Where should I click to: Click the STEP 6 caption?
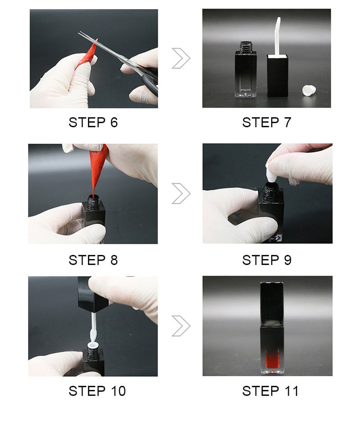[93, 122]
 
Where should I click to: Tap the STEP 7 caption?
[267, 122]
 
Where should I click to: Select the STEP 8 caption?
[93, 260]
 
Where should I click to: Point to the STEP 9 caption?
[267, 260]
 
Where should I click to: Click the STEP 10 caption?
[97, 391]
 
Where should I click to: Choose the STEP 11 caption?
[270, 391]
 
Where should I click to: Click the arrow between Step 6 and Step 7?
[181, 58]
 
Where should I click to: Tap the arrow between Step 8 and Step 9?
[181, 193]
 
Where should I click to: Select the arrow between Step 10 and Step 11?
[181, 326]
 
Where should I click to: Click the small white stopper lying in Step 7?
[309, 91]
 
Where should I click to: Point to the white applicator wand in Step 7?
[277, 36]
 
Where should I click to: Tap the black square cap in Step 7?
[278, 76]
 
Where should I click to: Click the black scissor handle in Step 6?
[150, 81]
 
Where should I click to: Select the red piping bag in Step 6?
[87, 55]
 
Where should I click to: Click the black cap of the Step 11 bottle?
[272, 304]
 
